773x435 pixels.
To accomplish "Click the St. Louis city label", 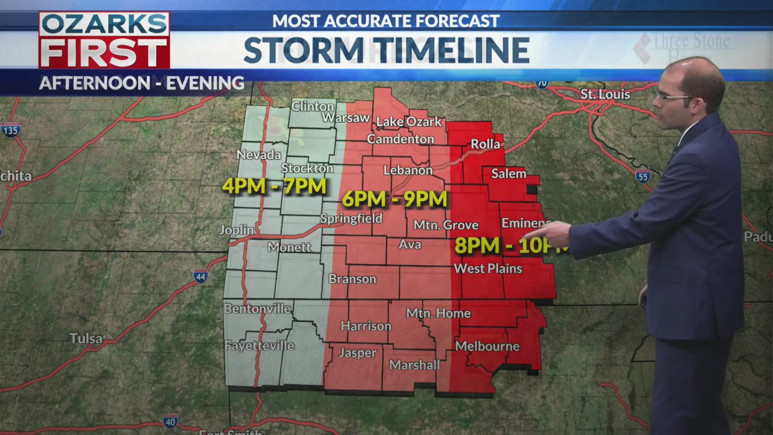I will [605, 95].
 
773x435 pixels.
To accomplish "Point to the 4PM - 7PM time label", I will [274, 185].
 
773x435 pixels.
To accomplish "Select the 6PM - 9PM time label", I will [394, 199].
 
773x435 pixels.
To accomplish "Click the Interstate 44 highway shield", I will [201, 277].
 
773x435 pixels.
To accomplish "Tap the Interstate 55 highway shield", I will [643, 176].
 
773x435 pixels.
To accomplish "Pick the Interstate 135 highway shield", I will [11, 129].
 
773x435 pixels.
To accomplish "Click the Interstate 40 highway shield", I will [170, 421].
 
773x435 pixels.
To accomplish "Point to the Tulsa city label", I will [86, 338].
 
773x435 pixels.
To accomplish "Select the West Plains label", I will [487, 268].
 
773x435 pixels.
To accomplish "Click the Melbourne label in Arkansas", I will [487, 346].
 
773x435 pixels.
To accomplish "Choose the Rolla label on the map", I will [485, 144].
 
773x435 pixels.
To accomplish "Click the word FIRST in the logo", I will [104, 53].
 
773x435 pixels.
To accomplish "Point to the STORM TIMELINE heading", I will [386, 50].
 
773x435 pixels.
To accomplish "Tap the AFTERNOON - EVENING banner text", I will [141, 83].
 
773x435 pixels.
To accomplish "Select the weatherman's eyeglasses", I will [670, 97].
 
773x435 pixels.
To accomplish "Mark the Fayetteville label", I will [259, 346].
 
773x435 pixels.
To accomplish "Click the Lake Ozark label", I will [409, 122].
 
